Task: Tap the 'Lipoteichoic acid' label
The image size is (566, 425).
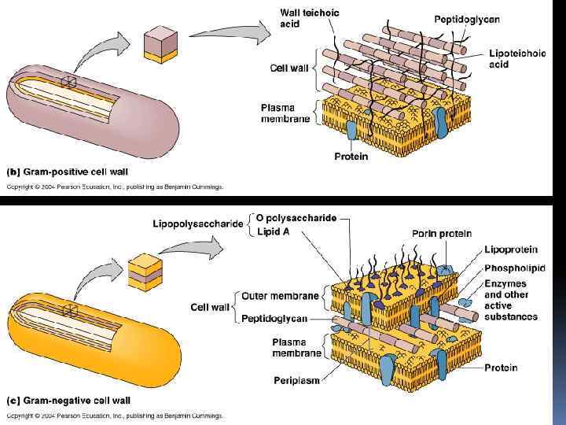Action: click(x=516, y=59)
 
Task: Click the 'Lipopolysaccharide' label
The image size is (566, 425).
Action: click(x=198, y=224)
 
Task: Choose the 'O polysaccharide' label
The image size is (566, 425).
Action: click(x=296, y=218)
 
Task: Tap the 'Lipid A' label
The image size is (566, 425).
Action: click(x=274, y=231)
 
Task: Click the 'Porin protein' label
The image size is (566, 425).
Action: click(x=441, y=233)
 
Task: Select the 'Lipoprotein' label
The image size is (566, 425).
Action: click(x=511, y=249)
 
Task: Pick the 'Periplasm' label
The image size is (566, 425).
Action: click(x=296, y=380)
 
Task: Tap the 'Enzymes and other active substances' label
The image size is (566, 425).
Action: click(x=511, y=299)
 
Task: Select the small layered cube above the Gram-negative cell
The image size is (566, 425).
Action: click(x=142, y=273)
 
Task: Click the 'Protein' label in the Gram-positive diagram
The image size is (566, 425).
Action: click(x=351, y=156)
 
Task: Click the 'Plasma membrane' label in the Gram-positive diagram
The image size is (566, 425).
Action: click(x=286, y=113)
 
